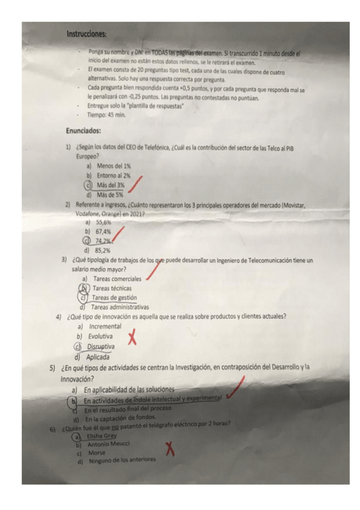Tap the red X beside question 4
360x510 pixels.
tap(132, 338)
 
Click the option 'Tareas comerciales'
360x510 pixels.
tap(117, 279)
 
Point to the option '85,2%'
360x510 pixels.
tap(103, 250)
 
